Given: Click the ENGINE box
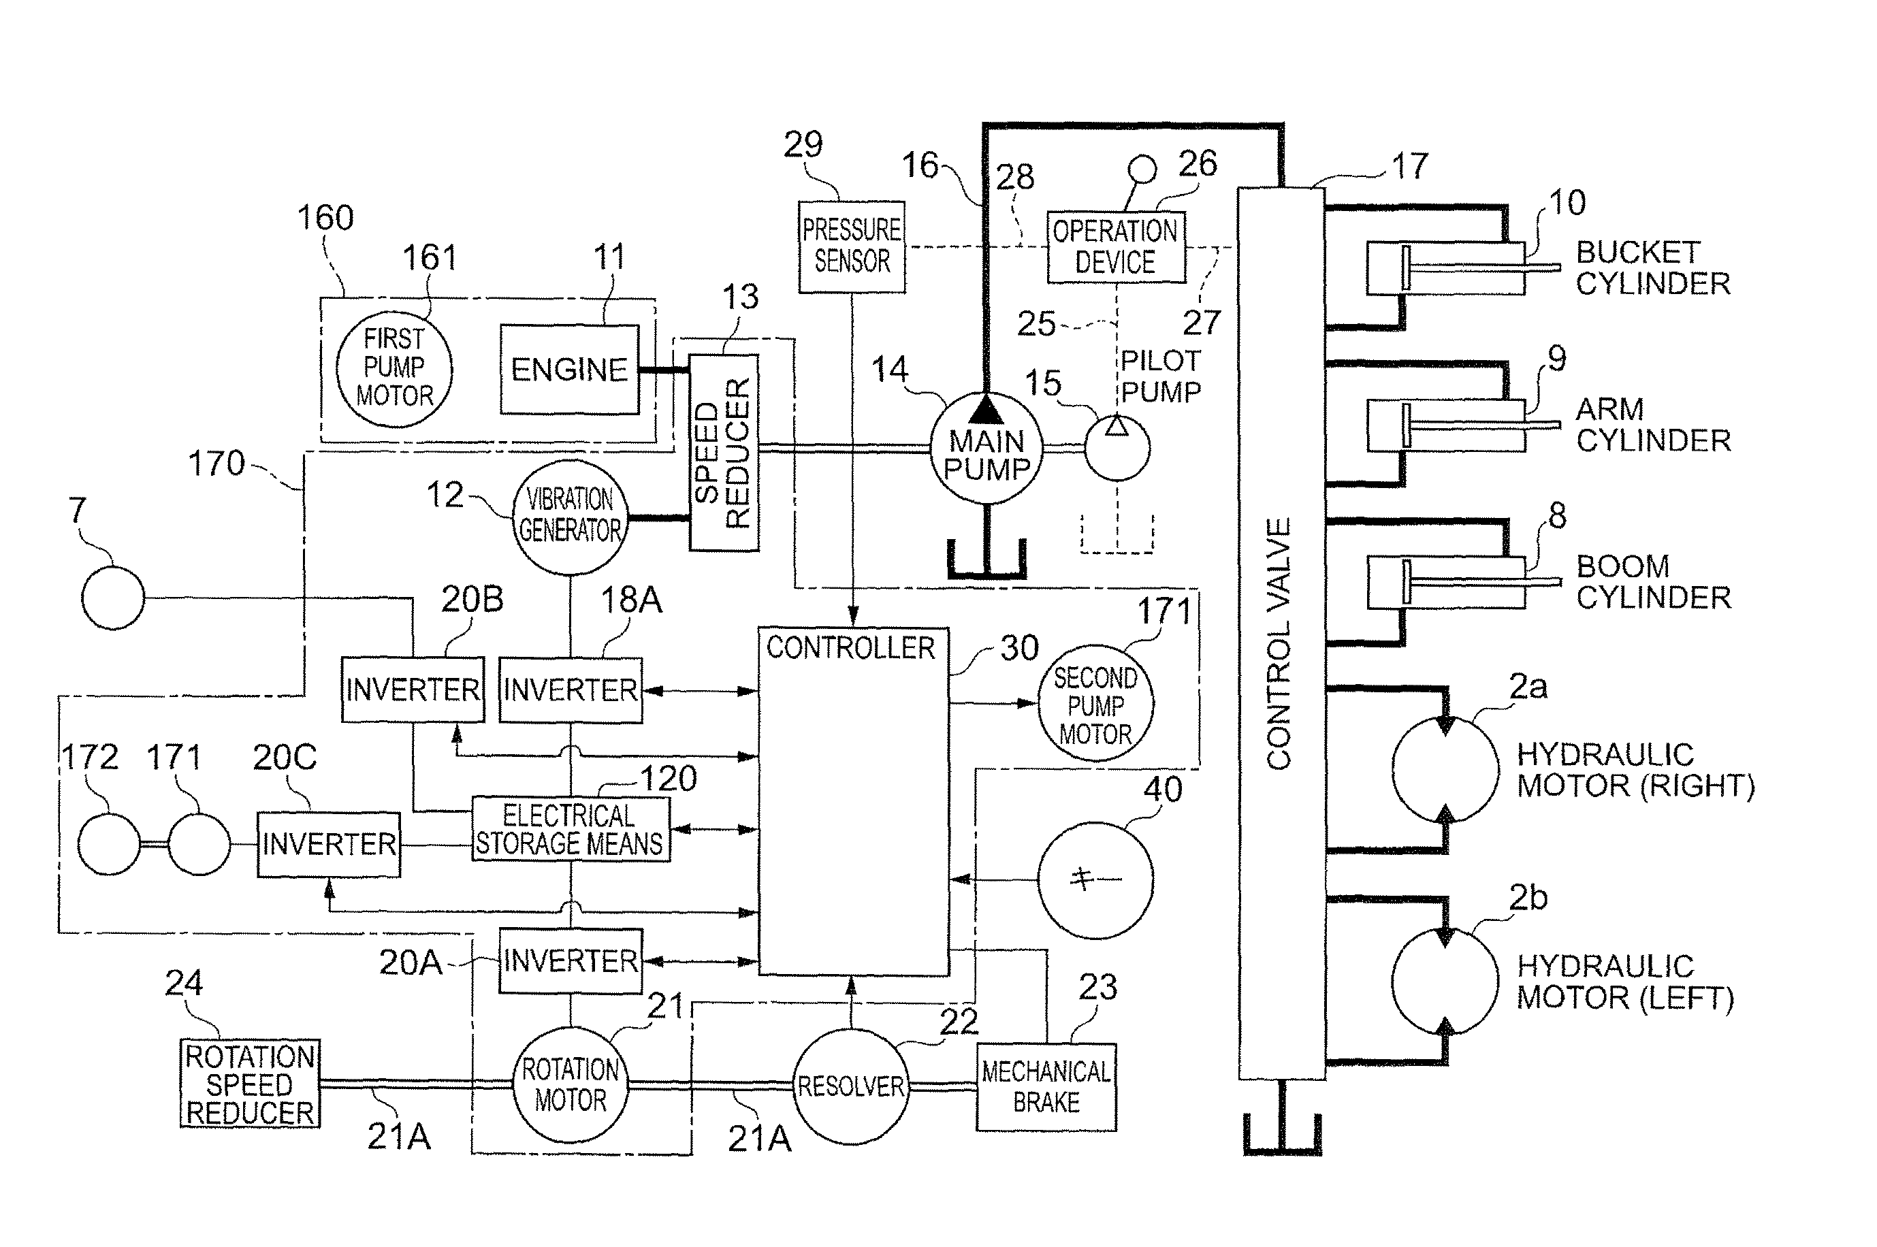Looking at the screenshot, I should click(569, 369).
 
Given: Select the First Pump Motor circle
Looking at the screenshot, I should click(394, 368).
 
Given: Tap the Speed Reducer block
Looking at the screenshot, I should click(723, 453).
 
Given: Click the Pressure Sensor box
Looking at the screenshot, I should click(852, 246).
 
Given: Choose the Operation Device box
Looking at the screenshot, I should click(1115, 246).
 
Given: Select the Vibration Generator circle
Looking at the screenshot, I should click(569, 516).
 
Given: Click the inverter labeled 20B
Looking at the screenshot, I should click(413, 690).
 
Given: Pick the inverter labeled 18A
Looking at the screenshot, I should click(571, 690).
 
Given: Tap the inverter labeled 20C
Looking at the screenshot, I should click(328, 845).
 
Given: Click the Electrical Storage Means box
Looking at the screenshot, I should click(571, 830).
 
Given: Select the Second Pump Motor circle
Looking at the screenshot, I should click(1095, 705).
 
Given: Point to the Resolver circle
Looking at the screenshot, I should click(851, 1086).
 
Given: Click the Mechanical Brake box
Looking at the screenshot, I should click(1046, 1086).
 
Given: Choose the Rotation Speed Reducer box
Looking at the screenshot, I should click(250, 1084).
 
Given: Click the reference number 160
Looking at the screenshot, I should click(325, 218).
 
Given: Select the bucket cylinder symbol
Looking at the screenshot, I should click(1446, 269).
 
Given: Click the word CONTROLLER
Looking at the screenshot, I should click(850, 648).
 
